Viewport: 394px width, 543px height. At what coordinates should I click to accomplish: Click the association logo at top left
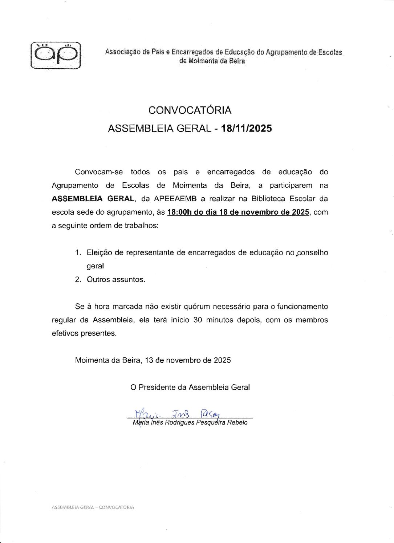[56, 56]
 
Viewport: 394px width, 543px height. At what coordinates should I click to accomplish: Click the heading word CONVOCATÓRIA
[190, 110]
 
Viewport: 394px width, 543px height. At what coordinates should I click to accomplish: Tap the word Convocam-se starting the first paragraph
[99, 172]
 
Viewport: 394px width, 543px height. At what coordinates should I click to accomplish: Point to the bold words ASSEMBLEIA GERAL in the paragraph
[93, 199]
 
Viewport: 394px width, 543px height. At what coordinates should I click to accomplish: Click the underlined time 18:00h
[179, 212]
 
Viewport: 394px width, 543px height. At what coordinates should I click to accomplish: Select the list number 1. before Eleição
[78, 252]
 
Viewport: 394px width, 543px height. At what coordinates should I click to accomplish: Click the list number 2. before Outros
[78, 279]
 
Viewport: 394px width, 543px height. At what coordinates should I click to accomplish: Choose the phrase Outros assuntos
[116, 279]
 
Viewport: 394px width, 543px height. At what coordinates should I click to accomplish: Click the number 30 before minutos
[198, 320]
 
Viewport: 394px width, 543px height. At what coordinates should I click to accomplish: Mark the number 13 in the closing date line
[149, 360]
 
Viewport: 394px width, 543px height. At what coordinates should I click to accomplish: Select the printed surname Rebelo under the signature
[237, 423]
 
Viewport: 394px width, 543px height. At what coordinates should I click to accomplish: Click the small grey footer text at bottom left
[93, 507]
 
